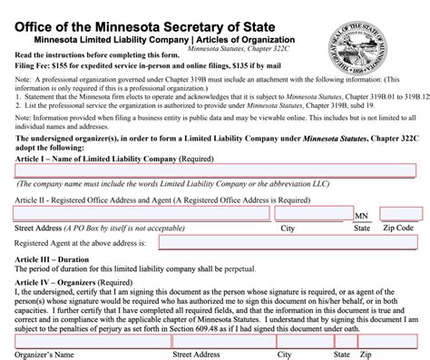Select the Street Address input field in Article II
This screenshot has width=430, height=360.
[142, 214]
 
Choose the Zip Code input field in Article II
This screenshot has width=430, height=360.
[400, 214]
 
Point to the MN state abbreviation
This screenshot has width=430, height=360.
[362, 216]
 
